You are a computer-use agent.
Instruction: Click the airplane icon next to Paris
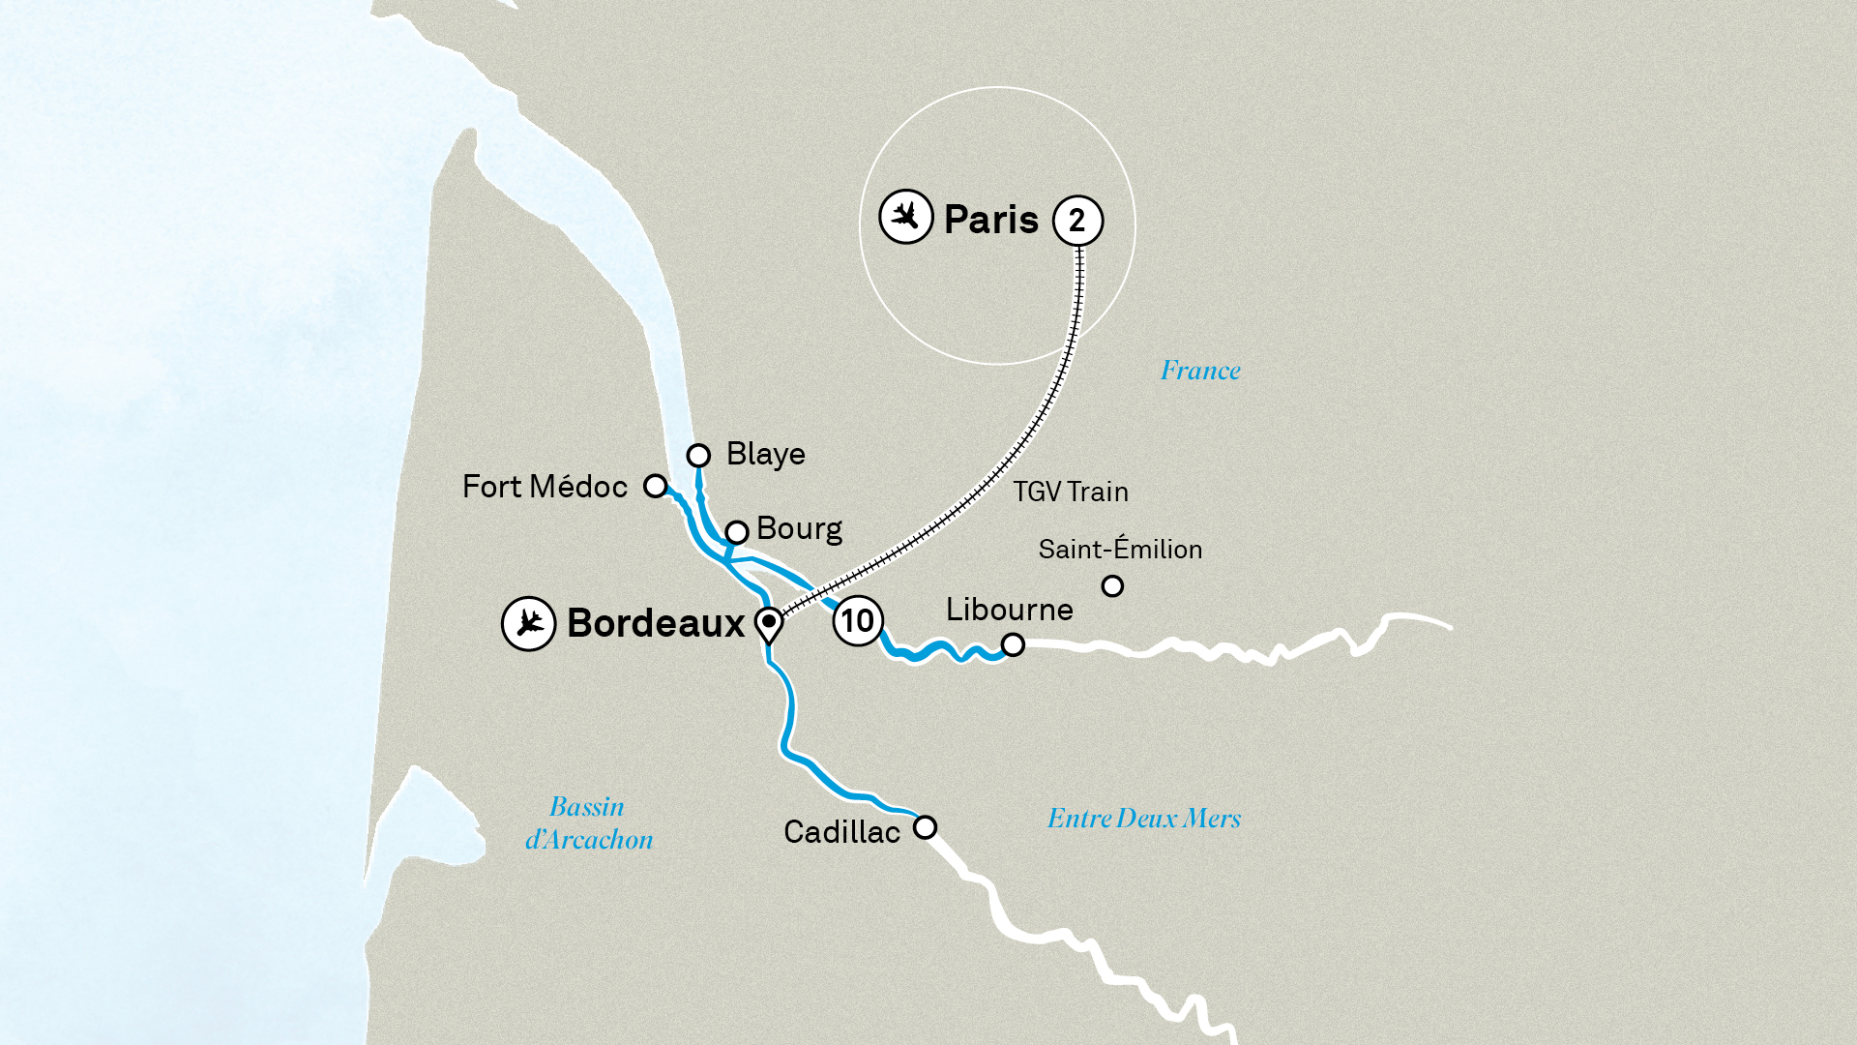pyautogui.click(x=905, y=217)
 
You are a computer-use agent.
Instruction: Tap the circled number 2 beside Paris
pyautogui.click(x=1077, y=221)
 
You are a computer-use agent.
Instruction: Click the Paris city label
pyautogui.click(x=990, y=220)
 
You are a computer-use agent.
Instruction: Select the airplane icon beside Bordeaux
pyautogui.click(x=528, y=623)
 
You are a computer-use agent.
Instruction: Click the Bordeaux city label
pyautogui.click(x=656, y=623)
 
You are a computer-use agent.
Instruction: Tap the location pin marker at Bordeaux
pyautogui.click(x=769, y=624)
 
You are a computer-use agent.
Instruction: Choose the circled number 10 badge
pyautogui.click(x=857, y=620)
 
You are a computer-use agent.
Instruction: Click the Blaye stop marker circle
pyautogui.click(x=698, y=455)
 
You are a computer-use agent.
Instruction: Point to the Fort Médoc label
pyautogui.click(x=545, y=486)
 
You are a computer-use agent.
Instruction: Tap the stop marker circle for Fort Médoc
pyautogui.click(x=656, y=486)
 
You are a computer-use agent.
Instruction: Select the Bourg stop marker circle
pyautogui.click(x=737, y=532)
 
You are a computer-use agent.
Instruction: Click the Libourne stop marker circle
pyautogui.click(x=1013, y=644)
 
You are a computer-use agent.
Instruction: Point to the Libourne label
pyautogui.click(x=1009, y=610)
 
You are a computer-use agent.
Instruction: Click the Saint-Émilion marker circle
pyautogui.click(x=1112, y=586)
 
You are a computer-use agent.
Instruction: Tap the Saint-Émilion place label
pyautogui.click(x=1120, y=549)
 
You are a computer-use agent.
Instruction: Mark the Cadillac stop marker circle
pyautogui.click(x=925, y=827)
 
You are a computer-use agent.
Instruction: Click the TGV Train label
pyautogui.click(x=1071, y=492)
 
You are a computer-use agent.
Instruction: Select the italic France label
pyautogui.click(x=1200, y=370)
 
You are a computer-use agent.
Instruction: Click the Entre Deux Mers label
pyautogui.click(x=1143, y=819)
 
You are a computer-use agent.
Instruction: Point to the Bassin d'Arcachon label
pyautogui.click(x=588, y=823)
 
